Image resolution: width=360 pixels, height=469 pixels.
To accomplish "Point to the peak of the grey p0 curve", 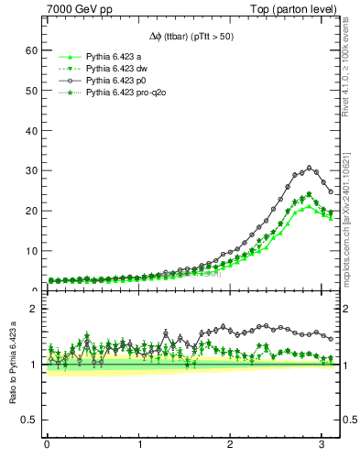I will point(310,168).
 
